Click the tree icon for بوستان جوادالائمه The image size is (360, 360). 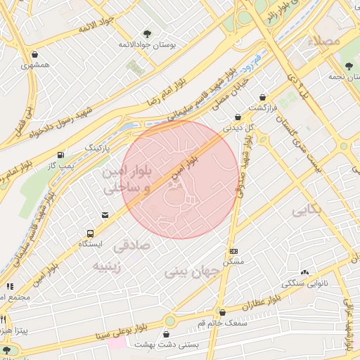click(x=146, y=33)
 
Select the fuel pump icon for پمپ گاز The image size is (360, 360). click(x=62, y=154)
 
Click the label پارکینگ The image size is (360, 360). click(x=98, y=149)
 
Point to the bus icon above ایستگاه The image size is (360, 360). click(x=90, y=233)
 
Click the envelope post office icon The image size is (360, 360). click(x=105, y=215)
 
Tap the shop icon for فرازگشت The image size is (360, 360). click(x=263, y=98)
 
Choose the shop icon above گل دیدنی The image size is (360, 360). click(x=238, y=117)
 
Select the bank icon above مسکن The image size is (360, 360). click(x=233, y=251)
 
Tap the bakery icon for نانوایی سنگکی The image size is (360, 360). click(x=304, y=273)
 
